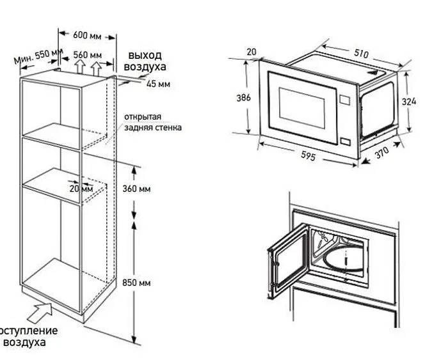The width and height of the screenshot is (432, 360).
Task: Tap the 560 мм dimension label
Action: pos(88,55)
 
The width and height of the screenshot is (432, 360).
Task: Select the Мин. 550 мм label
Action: pos(38,56)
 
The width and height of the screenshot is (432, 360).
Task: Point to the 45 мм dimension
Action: pos(158,84)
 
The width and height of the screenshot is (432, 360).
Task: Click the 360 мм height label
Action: pos(136,189)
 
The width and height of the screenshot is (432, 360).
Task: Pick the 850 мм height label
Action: pos(136,282)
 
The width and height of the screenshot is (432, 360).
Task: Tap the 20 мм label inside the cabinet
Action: pos(82,189)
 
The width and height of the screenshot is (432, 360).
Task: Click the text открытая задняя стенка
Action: pos(152,122)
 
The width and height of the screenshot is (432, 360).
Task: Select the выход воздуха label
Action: pos(147,61)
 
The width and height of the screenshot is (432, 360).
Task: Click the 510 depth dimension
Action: pos(360,54)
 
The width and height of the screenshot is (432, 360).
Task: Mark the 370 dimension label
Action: pos(382,153)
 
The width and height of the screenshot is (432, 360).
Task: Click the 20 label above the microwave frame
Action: pos(250,52)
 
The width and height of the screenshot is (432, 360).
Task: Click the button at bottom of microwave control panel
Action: pos(346,142)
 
